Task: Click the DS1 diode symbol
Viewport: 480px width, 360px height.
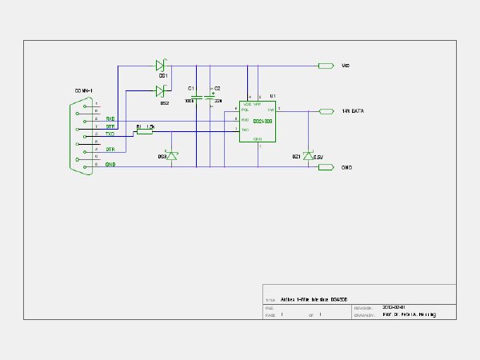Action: (160, 66)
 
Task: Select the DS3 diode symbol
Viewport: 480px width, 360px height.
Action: (169, 156)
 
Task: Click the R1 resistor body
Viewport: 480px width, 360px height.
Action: (144, 132)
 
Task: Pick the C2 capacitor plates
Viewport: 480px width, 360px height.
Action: (210, 96)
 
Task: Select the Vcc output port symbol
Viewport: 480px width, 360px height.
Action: (326, 66)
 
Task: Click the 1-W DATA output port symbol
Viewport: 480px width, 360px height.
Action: (326, 111)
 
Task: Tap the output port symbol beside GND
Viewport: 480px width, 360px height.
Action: (326, 167)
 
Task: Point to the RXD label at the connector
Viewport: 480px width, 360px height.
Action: (110, 118)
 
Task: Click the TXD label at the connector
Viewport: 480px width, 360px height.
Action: (110, 134)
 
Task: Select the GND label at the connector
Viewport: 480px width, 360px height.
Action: (110, 164)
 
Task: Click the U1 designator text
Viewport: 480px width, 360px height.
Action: (273, 96)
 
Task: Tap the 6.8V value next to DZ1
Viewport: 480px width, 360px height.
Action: (318, 157)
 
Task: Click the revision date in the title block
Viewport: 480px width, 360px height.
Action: (394, 307)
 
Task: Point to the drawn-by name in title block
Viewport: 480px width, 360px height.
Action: (410, 315)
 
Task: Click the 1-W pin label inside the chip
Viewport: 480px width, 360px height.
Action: (271, 110)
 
